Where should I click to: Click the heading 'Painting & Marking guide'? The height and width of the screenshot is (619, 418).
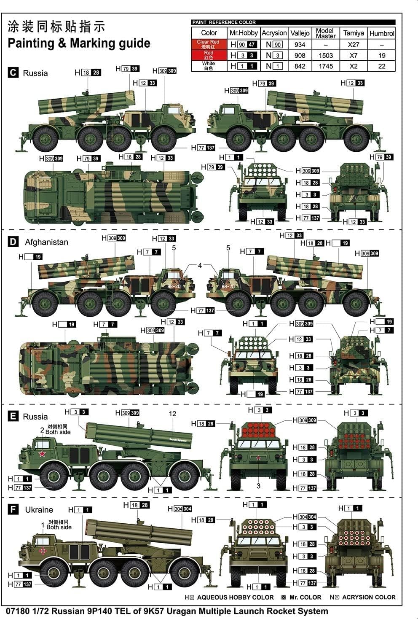pos(79,43)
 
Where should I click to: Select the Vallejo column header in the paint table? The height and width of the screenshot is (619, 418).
pos(300,33)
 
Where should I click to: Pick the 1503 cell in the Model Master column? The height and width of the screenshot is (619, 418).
pos(326,55)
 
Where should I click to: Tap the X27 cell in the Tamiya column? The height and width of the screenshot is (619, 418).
pos(353,44)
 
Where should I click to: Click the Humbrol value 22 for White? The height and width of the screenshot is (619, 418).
pos(381,66)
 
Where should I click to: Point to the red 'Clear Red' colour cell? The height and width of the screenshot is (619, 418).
pos(208,44)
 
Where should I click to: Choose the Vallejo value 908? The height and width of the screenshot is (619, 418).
pos(300,55)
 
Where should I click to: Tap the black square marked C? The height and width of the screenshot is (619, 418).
pos(13,73)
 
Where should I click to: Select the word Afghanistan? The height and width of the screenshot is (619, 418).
pos(46,242)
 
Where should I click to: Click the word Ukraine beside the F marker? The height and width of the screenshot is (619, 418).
pos(39,510)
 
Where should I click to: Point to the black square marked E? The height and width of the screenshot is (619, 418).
pos(13,417)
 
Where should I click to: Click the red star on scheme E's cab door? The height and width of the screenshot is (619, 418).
pos(42,454)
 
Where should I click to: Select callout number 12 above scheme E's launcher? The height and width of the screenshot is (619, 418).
pos(172,414)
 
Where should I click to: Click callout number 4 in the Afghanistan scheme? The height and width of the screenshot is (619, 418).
pos(200,265)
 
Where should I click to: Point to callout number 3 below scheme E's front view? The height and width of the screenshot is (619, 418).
pos(258,486)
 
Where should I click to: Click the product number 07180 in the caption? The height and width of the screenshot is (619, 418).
pos(16,611)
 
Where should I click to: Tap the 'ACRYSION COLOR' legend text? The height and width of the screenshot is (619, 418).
pos(369,597)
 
